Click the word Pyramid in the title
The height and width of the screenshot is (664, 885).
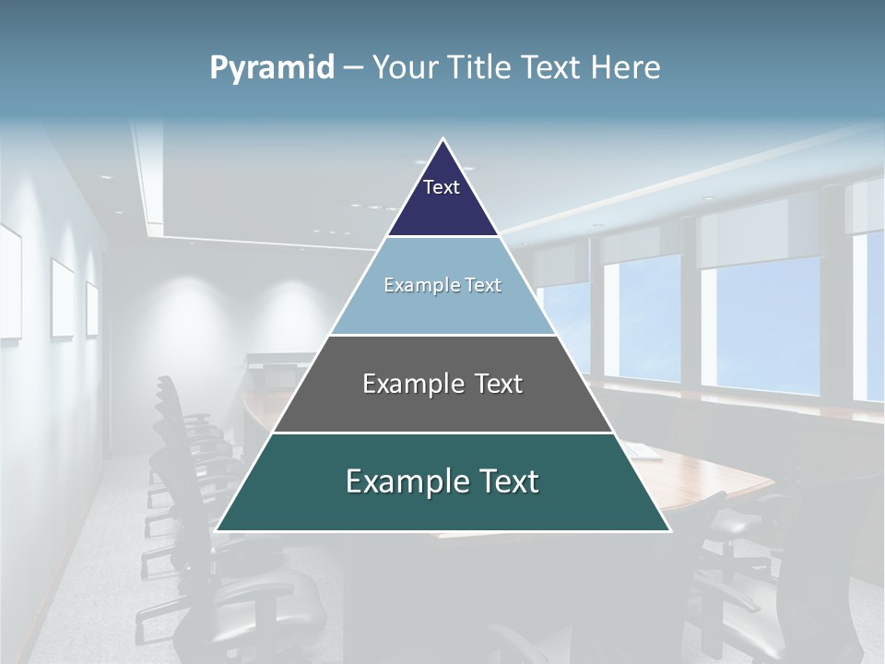(x=272, y=68)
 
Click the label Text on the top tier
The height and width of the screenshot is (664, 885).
(x=442, y=187)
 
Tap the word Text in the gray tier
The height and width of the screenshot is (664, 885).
(x=498, y=384)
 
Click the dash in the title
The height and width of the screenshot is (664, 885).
(x=353, y=68)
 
